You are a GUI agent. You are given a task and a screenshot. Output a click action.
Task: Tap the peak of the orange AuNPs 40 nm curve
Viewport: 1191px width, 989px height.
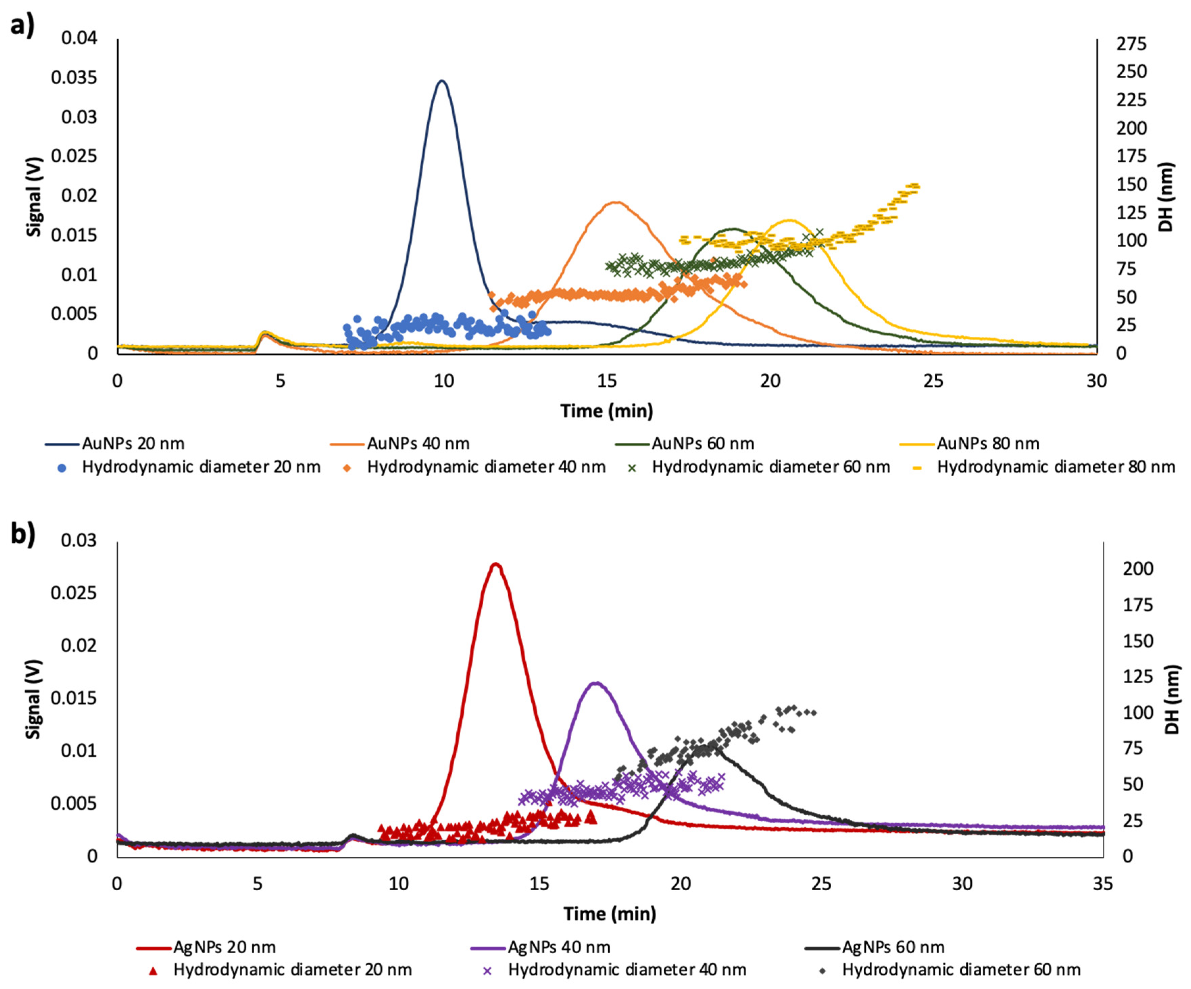(x=615, y=202)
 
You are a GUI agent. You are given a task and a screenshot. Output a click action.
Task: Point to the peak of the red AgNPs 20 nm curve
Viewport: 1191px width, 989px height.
(x=496, y=564)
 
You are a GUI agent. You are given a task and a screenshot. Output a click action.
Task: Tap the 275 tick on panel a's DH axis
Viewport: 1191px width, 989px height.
(x=1132, y=44)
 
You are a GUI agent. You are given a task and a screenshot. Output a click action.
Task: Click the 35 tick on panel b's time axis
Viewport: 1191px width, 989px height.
(x=1103, y=884)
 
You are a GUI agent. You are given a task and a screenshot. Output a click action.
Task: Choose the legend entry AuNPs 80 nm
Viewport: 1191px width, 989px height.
(x=987, y=443)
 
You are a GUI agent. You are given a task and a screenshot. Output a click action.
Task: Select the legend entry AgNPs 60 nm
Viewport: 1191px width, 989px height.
(x=893, y=947)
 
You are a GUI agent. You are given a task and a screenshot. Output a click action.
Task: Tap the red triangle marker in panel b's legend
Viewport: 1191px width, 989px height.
(x=153, y=970)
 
